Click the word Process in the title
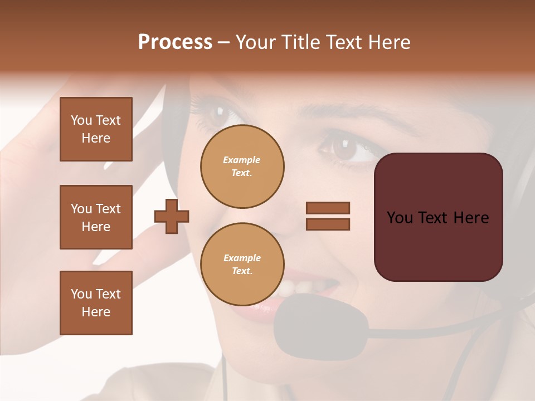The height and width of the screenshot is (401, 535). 175,42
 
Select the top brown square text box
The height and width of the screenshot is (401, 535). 96,129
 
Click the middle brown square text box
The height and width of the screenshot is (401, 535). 96,217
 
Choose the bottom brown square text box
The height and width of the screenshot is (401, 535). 96,303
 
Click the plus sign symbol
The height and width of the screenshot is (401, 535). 172,217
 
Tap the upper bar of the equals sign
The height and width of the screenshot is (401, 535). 328,208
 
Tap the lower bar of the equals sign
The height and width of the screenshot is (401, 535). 328,224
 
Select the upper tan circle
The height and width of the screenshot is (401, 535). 242,167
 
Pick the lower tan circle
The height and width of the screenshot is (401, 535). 242,264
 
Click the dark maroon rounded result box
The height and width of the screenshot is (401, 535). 438,217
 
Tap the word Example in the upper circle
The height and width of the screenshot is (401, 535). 242,160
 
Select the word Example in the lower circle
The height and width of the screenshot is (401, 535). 242,258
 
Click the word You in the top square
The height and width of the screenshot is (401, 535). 81,120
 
